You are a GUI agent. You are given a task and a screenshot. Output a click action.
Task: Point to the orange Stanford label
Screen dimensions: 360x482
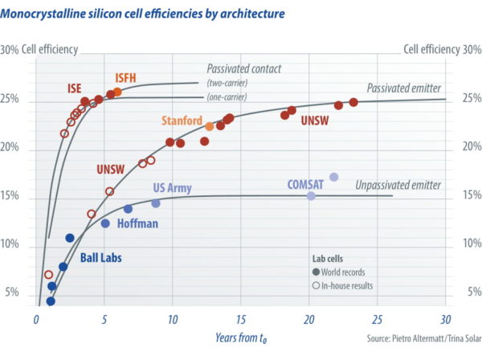pos(182,121)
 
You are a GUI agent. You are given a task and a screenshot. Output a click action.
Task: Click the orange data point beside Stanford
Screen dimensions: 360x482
pos(209,126)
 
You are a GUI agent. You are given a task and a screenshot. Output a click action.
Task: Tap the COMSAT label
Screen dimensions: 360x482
pos(304,184)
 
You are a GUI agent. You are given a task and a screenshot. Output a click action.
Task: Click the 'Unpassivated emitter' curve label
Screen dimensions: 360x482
pos(398,185)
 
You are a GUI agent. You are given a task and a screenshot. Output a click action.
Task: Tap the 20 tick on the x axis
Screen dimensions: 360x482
pos(309,321)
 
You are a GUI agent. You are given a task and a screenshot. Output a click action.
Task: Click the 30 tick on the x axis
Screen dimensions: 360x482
pos(445,321)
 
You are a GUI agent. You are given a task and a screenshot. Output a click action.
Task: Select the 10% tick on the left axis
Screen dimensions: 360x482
pos(13,244)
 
